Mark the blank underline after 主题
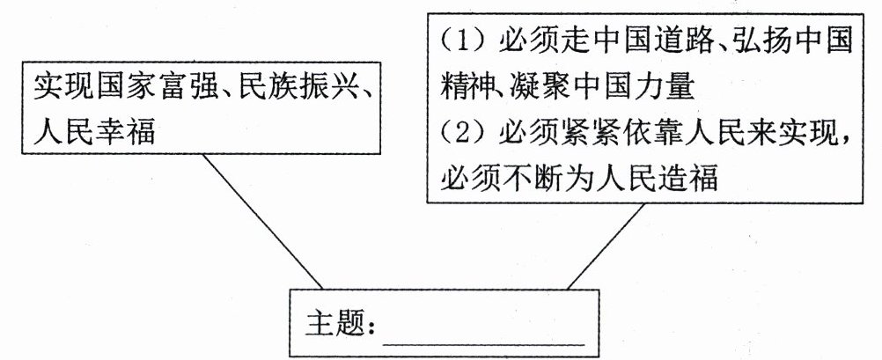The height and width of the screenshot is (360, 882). coord(485,338)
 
